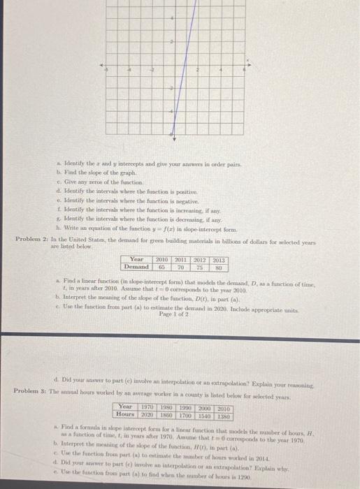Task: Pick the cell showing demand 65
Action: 162,265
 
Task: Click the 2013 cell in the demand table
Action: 218,258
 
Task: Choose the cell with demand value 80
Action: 218,265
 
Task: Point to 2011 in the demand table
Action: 180,258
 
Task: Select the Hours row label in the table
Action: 127,414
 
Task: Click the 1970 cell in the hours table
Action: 148,407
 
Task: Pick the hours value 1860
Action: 167,414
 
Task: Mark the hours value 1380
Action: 224,414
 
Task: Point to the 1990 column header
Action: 186,407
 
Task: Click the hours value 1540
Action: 205,414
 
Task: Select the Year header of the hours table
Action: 127,407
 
